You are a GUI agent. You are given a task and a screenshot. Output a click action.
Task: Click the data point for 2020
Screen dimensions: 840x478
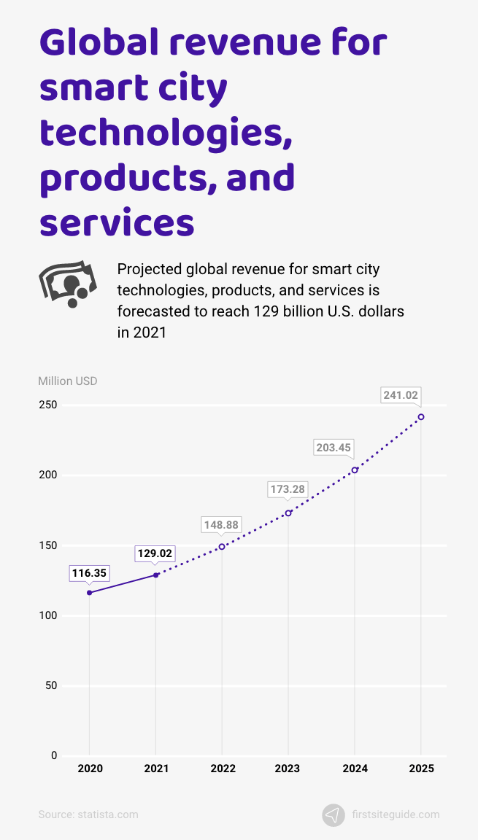point(90,593)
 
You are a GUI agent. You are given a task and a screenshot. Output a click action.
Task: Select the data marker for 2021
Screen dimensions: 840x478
point(156,575)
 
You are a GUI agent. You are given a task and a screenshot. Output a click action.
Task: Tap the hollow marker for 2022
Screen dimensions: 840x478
point(222,547)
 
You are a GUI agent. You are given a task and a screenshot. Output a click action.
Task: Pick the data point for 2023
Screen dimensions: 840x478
point(288,513)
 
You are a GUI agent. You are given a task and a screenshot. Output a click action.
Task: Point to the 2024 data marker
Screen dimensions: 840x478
point(355,470)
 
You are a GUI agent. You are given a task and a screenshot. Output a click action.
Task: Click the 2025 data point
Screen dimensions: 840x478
point(421,417)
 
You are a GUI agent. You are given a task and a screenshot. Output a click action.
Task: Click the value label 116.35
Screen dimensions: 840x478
point(89,573)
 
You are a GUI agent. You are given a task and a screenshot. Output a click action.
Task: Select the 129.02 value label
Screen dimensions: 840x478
point(155,553)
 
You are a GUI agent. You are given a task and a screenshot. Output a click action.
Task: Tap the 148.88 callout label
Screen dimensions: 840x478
point(221,525)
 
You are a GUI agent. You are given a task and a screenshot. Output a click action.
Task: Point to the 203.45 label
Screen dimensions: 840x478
point(334,448)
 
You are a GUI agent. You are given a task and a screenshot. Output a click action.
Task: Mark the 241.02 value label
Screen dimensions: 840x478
point(401,395)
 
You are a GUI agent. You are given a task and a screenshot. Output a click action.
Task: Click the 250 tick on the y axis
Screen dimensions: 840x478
point(48,405)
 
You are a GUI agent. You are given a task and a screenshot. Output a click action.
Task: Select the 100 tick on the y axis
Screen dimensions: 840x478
point(48,615)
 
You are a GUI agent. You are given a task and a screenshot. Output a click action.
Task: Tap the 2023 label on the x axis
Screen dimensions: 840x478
point(288,769)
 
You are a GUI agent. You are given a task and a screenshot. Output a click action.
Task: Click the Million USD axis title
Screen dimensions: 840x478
point(67,381)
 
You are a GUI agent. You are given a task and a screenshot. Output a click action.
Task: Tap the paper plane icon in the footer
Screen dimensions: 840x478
point(334,814)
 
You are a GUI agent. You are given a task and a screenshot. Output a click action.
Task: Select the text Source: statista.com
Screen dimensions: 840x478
point(88,814)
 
